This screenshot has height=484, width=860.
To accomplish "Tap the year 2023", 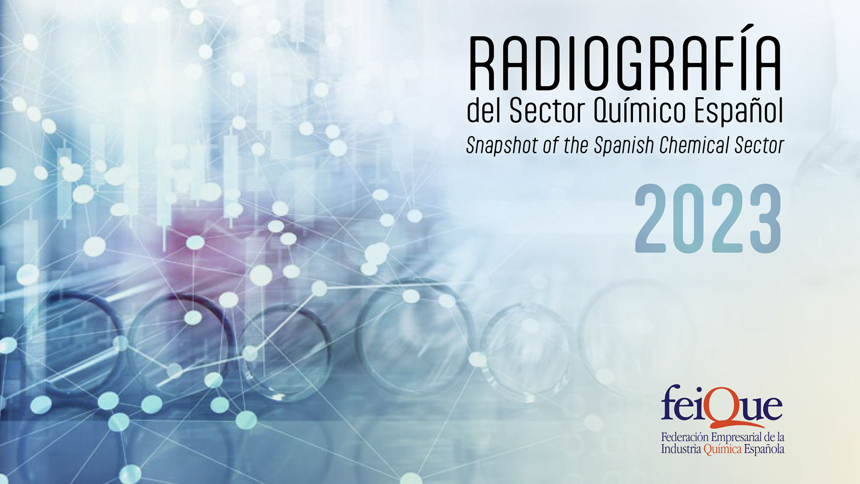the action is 708,219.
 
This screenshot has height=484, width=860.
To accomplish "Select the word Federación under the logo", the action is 685,437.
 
